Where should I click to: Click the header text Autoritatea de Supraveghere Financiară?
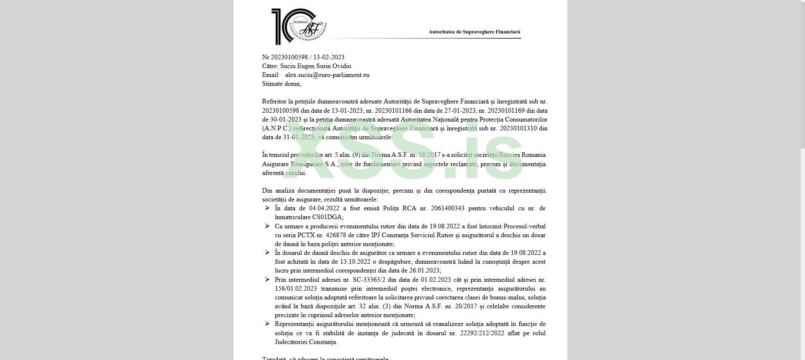[x=474, y=32]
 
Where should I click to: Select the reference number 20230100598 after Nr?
[x=289, y=57]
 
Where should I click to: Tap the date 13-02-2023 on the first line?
[x=329, y=57]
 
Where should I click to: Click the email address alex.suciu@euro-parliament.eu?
[x=327, y=75]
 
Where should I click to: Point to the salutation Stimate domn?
[x=282, y=84]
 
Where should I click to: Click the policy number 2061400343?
[x=447, y=208]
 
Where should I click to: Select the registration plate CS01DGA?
[x=327, y=217]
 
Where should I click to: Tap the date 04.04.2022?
[x=324, y=208]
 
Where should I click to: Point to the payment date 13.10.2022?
[x=355, y=262]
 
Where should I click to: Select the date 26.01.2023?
[x=424, y=270]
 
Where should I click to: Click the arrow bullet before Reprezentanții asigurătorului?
[x=267, y=324]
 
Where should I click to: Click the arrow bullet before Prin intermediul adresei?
[x=267, y=280]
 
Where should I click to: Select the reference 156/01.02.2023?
[x=296, y=289]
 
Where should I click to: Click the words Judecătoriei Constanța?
[x=306, y=342]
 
